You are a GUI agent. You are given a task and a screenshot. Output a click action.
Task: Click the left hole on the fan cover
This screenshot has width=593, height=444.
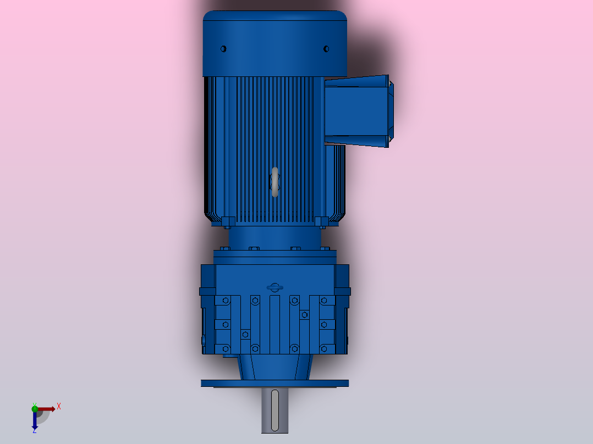pos(223,49)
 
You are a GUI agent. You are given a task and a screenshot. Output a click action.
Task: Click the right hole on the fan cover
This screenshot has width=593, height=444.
pos(326,49)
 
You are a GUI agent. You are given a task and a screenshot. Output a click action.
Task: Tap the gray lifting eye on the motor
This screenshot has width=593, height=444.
pos(275,182)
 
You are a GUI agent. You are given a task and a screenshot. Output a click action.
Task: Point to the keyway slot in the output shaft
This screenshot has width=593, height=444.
pos(274,409)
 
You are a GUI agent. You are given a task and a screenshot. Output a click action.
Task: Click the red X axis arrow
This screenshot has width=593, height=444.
pos(47,409)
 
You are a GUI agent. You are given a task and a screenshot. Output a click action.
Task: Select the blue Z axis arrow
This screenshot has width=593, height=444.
pos(35,420)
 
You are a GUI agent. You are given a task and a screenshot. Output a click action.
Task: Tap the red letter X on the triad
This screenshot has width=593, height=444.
pos(58,407)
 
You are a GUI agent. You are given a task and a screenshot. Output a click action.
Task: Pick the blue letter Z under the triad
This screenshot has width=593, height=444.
pos(34,431)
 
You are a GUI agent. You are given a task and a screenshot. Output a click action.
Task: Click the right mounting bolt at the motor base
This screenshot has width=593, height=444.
pos(322,222)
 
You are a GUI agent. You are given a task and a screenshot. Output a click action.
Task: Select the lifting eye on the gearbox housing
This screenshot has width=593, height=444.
pos(274,287)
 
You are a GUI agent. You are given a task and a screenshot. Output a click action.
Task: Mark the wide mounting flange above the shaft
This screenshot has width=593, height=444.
pos(274,383)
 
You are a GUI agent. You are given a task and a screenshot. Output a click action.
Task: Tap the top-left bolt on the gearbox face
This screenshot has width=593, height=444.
pos(225,301)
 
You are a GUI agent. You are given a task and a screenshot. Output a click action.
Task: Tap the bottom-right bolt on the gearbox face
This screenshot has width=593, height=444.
pos(324,348)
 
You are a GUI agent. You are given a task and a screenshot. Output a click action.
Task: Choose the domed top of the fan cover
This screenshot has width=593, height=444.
pos(274,22)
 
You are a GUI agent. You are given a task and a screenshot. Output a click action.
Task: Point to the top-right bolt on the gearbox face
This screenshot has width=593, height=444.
pos(324,301)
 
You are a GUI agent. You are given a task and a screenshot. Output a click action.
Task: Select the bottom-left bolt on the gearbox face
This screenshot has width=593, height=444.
pos(225,348)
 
